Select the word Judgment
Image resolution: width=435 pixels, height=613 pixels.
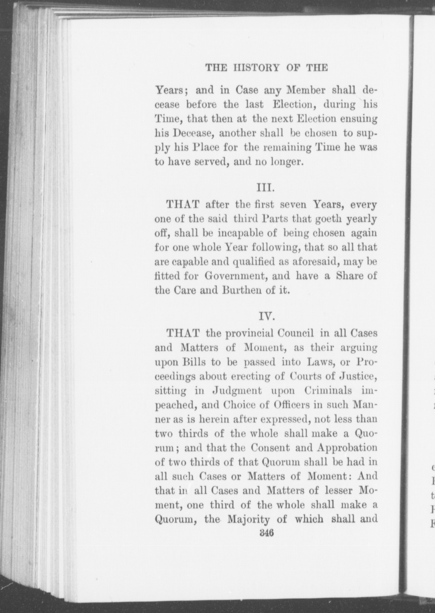pos(237,391)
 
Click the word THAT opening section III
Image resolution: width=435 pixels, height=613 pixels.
pos(184,205)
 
